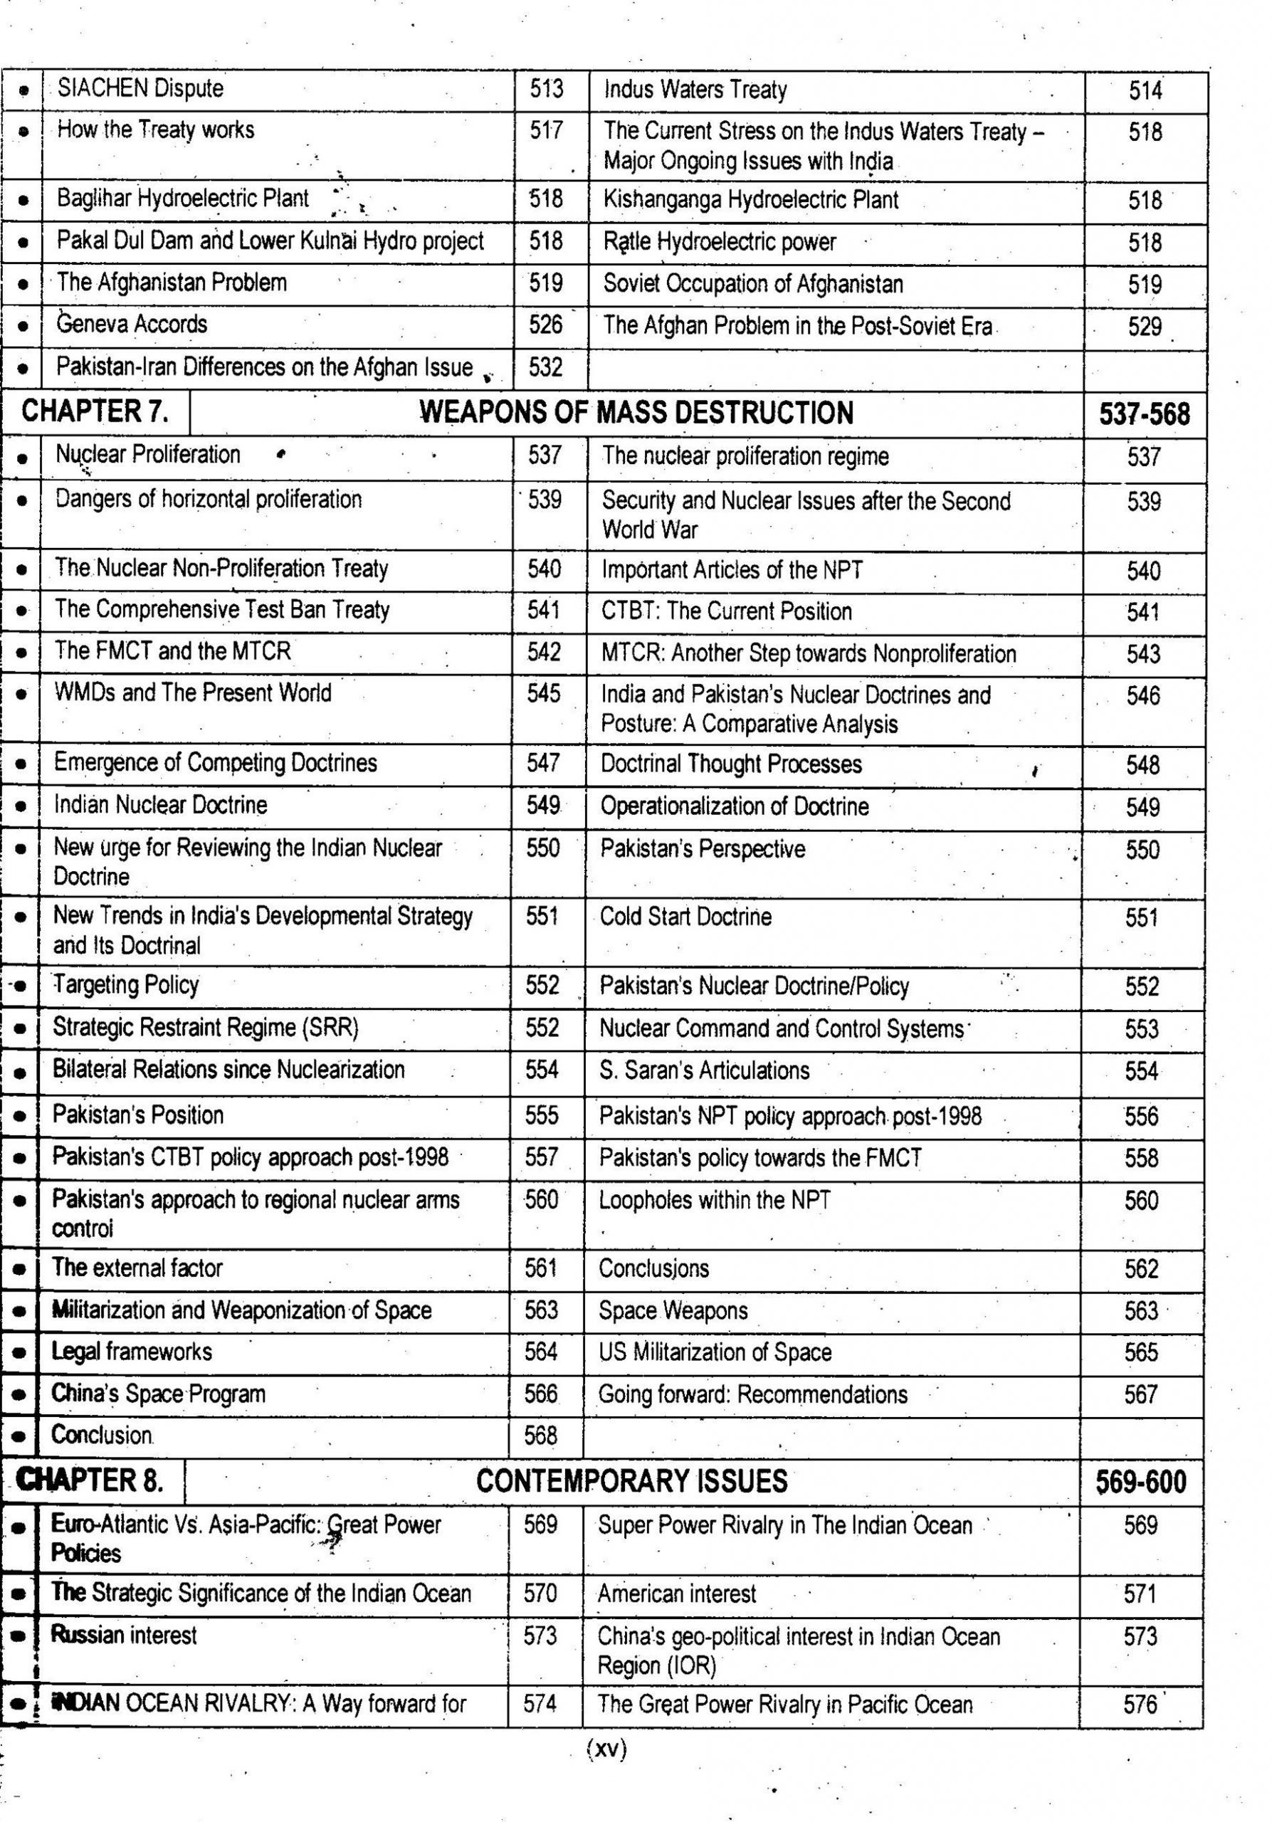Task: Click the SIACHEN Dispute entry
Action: [140, 88]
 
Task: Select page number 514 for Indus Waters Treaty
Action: [1145, 90]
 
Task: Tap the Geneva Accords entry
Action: [132, 324]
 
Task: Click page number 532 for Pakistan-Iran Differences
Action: [545, 367]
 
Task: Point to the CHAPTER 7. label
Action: [95, 411]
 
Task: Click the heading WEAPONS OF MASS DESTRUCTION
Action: [636, 413]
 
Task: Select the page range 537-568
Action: [1143, 414]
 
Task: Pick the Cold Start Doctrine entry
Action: [685, 917]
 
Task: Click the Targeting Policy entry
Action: [125, 985]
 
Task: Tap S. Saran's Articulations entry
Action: [704, 1070]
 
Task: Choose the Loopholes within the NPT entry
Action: [714, 1200]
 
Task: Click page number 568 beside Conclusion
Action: [540, 1435]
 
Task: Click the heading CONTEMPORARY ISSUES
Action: [631, 1481]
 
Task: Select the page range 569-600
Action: [1140, 1482]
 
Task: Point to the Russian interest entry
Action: [124, 1635]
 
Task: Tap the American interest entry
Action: [677, 1594]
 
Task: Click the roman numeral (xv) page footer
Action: [606, 1749]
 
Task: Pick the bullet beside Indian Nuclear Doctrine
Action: [21, 806]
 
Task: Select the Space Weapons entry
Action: [673, 1310]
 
